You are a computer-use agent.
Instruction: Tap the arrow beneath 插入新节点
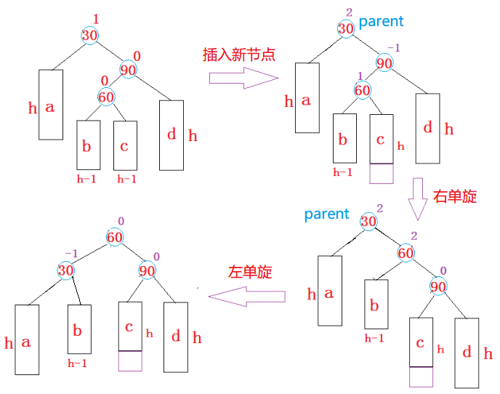tap(243, 79)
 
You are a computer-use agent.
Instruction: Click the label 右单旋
tap(454, 196)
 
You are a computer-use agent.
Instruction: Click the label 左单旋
tap(250, 273)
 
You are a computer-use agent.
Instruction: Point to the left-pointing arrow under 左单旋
tap(246, 295)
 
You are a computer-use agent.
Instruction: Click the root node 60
tap(115, 237)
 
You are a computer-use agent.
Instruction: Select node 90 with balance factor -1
tap(384, 63)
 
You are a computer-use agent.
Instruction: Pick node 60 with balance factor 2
tap(406, 253)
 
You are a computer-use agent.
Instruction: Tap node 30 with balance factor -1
tap(68, 270)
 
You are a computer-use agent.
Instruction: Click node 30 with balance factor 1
tap(90, 34)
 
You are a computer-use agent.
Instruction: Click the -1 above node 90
tap(393, 48)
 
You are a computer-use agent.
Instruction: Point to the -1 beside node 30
tap(71, 254)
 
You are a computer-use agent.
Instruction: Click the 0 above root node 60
tap(121, 221)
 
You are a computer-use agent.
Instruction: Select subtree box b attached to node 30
tap(78, 329)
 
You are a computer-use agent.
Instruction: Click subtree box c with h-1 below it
tap(124, 145)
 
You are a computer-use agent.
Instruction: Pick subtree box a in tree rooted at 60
tap(27, 339)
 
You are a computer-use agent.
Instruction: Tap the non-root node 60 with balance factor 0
tap(106, 95)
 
